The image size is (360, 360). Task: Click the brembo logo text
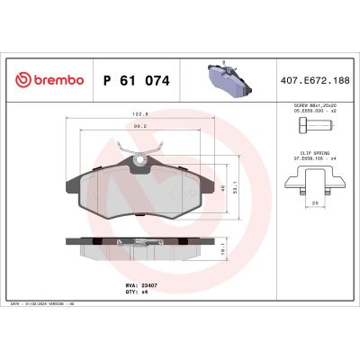pos(50,80)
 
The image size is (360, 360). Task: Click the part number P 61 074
pos(137,80)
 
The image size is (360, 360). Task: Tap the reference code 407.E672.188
pos(315,80)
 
